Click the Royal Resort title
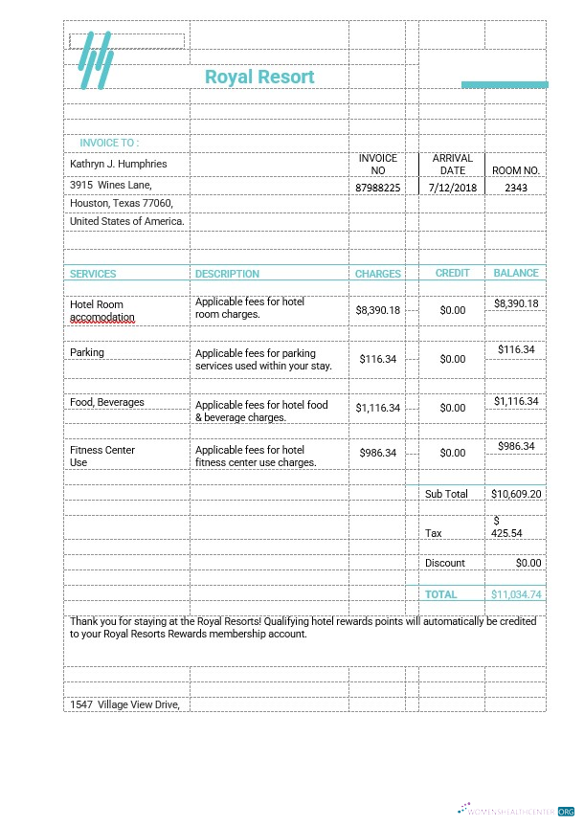259,77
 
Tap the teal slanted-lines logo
95,61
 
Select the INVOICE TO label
109,143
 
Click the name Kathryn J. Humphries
118,164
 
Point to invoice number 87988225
377,188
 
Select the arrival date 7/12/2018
452,188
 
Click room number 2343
515,188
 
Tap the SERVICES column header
93,274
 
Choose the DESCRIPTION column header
227,274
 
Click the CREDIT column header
452,273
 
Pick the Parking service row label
87,352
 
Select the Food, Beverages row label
107,402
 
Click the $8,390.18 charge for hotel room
377,310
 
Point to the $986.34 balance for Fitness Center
515,446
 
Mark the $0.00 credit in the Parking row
452,359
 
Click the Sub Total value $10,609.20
516,494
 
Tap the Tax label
434,533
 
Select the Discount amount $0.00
528,563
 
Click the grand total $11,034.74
516,594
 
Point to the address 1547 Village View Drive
124,704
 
